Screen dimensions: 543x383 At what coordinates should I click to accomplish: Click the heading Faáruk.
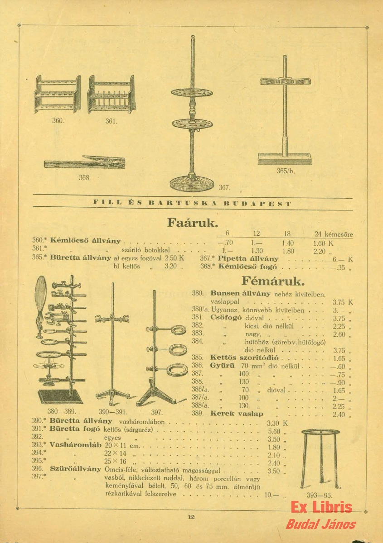[193, 223]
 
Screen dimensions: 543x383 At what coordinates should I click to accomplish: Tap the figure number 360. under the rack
[58, 121]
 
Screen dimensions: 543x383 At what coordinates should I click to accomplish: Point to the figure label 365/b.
[286, 171]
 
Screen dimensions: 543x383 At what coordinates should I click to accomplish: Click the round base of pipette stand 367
[192, 183]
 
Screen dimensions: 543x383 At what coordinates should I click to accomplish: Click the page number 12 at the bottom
[191, 517]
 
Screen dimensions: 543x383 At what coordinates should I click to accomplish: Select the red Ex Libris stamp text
[321, 507]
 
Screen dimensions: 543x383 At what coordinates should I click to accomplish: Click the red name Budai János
[321, 525]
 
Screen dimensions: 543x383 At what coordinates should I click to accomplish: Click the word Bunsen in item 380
[225, 293]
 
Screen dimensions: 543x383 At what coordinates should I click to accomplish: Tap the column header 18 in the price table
[287, 234]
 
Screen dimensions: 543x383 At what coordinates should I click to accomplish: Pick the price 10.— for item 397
[271, 495]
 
